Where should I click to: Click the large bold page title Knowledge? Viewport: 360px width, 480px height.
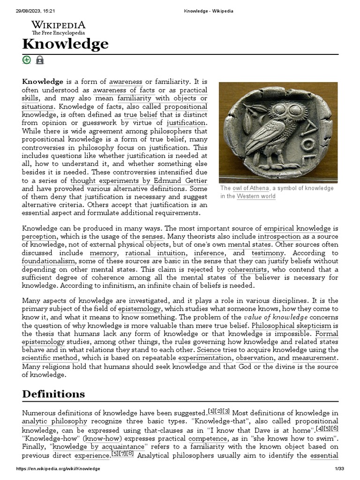pyautogui.click(x=65, y=44)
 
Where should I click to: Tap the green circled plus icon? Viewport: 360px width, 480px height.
pyautogui.click(x=27, y=60)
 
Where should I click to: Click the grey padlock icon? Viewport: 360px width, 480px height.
pyautogui.click(x=40, y=60)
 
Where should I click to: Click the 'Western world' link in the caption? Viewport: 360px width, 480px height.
pyautogui.click(x=256, y=196)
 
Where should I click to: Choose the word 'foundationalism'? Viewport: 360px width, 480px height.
pyautogui.click(x=48, y=261)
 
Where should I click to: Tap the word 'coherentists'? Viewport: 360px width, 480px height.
pyautogui.click(x=247, y=270)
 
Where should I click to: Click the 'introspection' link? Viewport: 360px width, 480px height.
pyautogui.click(x=279, y=236)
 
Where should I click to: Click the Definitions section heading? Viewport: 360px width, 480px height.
pyautogui.click(x=53, y=394)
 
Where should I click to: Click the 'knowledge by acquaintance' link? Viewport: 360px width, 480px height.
pyautogui.click(x=100, y=446)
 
